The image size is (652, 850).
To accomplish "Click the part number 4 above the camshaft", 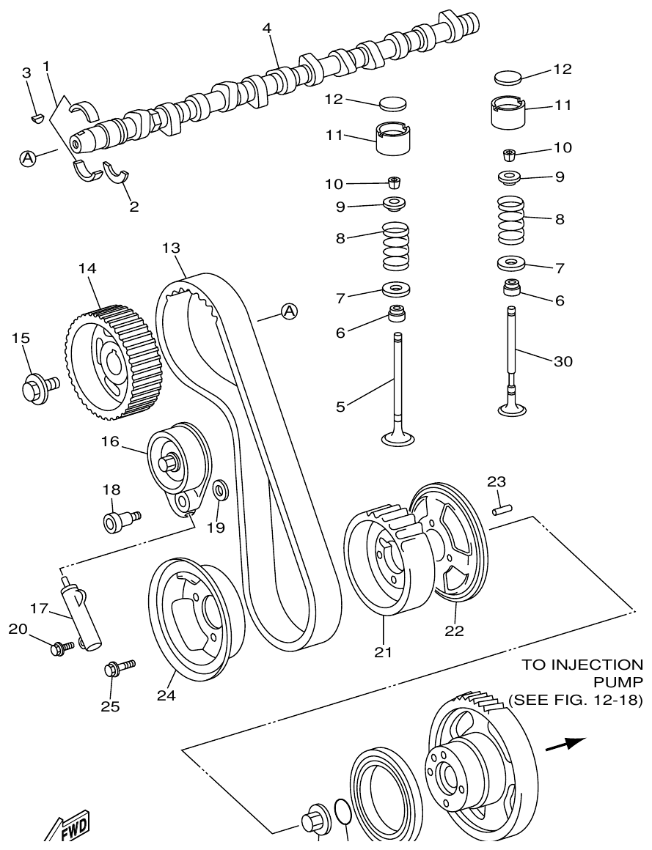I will click(267, 28).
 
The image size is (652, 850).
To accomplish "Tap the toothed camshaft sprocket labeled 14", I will click(103, 363).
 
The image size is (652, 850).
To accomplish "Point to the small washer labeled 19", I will click(219, 489).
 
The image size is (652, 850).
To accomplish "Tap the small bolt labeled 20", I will click(62, 647).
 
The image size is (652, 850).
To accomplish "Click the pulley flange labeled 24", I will click(191, 619).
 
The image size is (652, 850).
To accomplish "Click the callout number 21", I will click(382, 651).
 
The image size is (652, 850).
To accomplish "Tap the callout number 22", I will click(455, 629).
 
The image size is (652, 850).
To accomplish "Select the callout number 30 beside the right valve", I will click(563, 361).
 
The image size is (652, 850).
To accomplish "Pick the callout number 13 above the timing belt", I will click(171, 248).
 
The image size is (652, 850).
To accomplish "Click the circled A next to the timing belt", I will click(290, 312).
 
